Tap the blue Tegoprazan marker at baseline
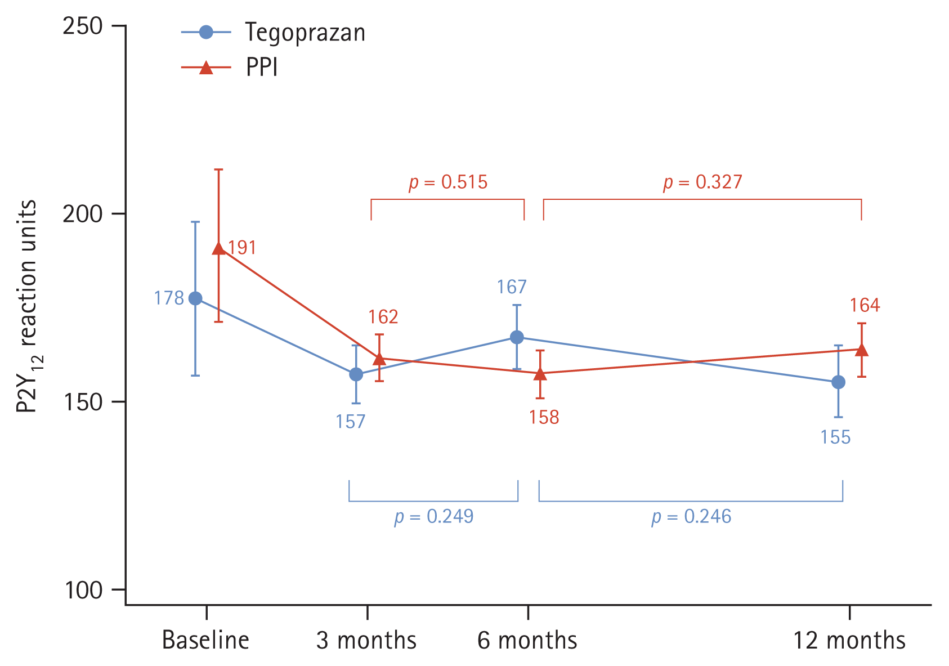pyautogui.click(x=195, y=298)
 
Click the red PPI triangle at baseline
pyautogui.click(x=219, y=249)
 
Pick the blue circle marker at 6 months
pyautogui.click(x=517, y=337)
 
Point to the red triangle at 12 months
pyautogui.click(x=862, y=350)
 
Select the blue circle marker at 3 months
pyautogui.click(x=356, y=374)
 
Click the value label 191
pyautogui.click(x=242, y=248)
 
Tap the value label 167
pyautogui.click(x=511, y=287)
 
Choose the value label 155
pyautogui.click(x=835, y=437)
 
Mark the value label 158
pyautogui.click(x=544, y=417)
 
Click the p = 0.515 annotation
pyautogui.click(x=448, y=182)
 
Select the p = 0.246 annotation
pyautogui.click(x=691, y=517)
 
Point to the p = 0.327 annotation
pyautogui.click(x=702, y=182)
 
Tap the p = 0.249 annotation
pyautogui.click(x=434, y=517)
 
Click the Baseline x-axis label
pyautogui.click(x=205, y=641)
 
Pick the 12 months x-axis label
pyautogui.click(x=849, y=641)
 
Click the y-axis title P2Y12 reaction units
pyautogui.click(x=27, y=307)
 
